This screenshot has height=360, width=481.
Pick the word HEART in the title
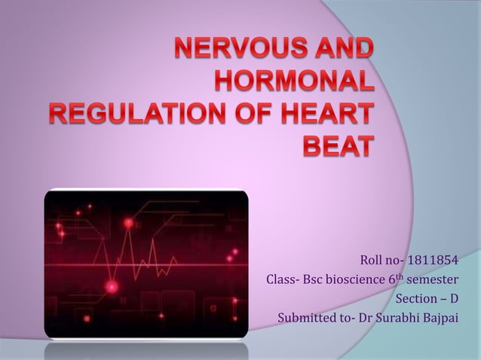pos(325,114)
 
